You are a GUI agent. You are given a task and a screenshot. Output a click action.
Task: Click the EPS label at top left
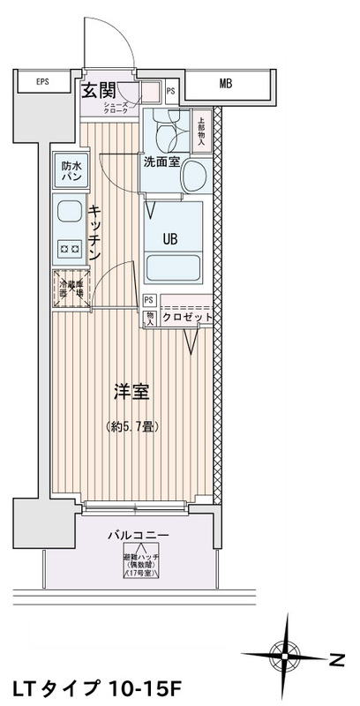(x=42, y=84)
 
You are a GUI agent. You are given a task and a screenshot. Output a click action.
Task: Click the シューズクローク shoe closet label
(x=140, y=107)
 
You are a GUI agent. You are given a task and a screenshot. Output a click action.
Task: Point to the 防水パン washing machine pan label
(x=71, y=170)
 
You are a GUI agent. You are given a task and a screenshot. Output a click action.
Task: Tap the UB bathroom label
(x=172, y=236)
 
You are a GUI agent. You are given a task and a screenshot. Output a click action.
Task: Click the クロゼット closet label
(x=188, y=316)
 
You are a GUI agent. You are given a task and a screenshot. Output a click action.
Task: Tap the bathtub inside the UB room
(x=173, y=267)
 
